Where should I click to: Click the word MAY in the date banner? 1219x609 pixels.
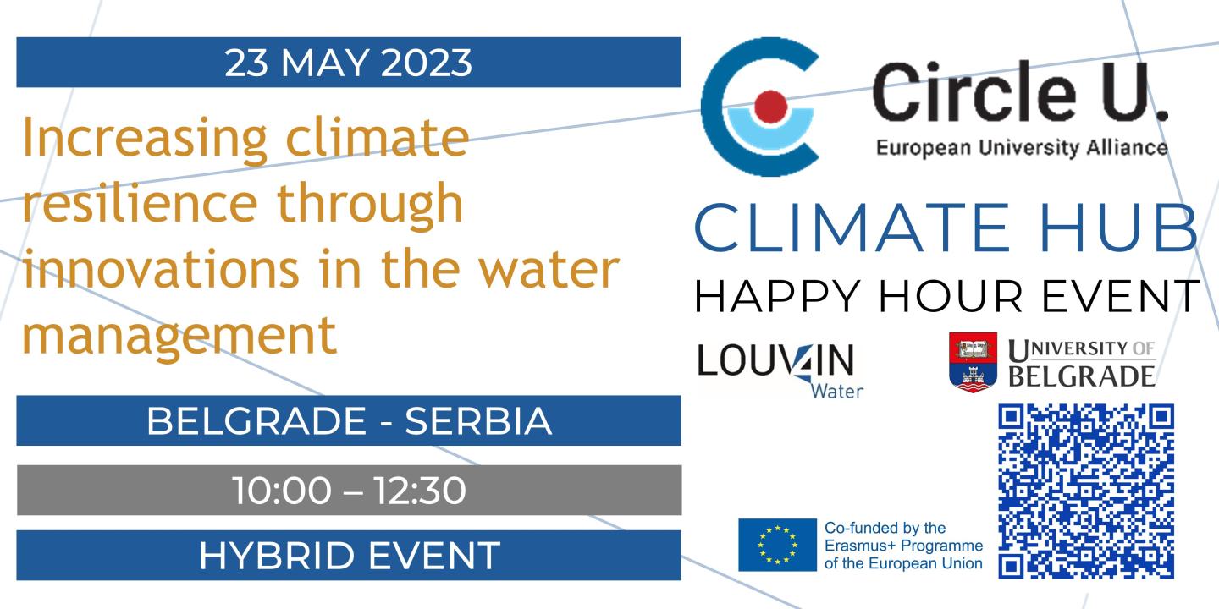pos(325,63)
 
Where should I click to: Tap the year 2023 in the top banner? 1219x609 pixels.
pos(426,63)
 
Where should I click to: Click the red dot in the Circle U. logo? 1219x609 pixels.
pos(769,107)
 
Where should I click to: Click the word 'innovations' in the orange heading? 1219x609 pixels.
pos(161,268)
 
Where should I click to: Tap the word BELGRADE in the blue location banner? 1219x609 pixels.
pos(256,421)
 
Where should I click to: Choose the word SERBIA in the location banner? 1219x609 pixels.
pos(478,421)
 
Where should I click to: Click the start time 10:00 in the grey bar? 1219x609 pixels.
pos(282,491)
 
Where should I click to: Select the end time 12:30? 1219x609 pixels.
pos(420,491)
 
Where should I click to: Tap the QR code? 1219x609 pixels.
pos(1085,491)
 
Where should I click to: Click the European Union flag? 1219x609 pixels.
pos(777,545)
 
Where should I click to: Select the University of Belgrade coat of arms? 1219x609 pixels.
pos(973,362)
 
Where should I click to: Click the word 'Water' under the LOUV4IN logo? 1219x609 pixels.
pos(836,391)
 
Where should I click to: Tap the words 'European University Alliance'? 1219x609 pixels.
pos(1022,148)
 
